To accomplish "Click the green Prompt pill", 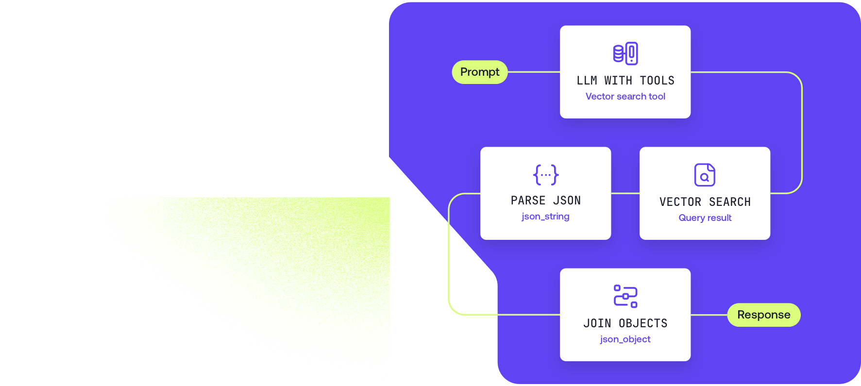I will point(480,72).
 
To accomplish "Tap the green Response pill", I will point(763,315).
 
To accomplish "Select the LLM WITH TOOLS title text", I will point(625,81).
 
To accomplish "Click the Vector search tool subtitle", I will point(625,97).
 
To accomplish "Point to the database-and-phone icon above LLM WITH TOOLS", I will point(625,53).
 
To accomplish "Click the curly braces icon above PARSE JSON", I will point(545,175).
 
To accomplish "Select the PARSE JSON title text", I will point(545,201).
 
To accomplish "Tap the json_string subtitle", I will point(545,217).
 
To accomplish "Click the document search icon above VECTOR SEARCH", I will point(705,175).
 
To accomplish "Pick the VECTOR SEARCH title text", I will point(705,202).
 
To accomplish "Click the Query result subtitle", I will point(705,218).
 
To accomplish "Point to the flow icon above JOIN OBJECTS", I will point(625,296).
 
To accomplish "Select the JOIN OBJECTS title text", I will point(625,323).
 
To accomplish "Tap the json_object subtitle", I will point(625,339).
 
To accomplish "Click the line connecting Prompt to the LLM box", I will point(534,72).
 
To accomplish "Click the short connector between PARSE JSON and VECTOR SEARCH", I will point(625,193).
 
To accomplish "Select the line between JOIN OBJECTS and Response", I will point(709,315).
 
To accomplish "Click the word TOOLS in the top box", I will point(657,81).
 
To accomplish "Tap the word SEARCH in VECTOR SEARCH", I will point(729,202).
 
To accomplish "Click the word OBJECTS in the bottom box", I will point(643,323).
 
